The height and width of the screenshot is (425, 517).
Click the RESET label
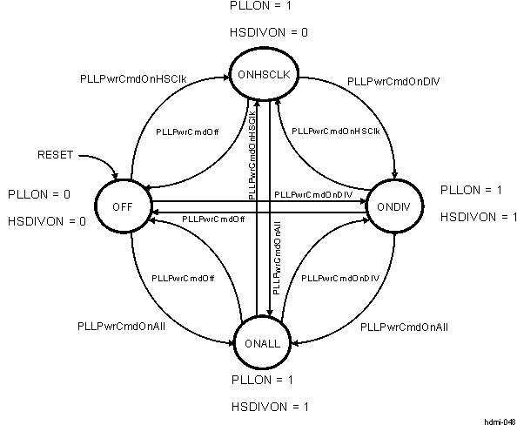(55, 155)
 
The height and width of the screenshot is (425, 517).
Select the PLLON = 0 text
(39, 192)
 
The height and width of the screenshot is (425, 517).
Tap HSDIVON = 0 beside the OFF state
(47, 221)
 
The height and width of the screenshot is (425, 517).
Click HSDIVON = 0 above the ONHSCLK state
(269, 32)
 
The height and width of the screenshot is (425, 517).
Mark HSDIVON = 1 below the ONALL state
(269, 407)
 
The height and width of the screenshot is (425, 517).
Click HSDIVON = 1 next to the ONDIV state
(479, 217)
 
